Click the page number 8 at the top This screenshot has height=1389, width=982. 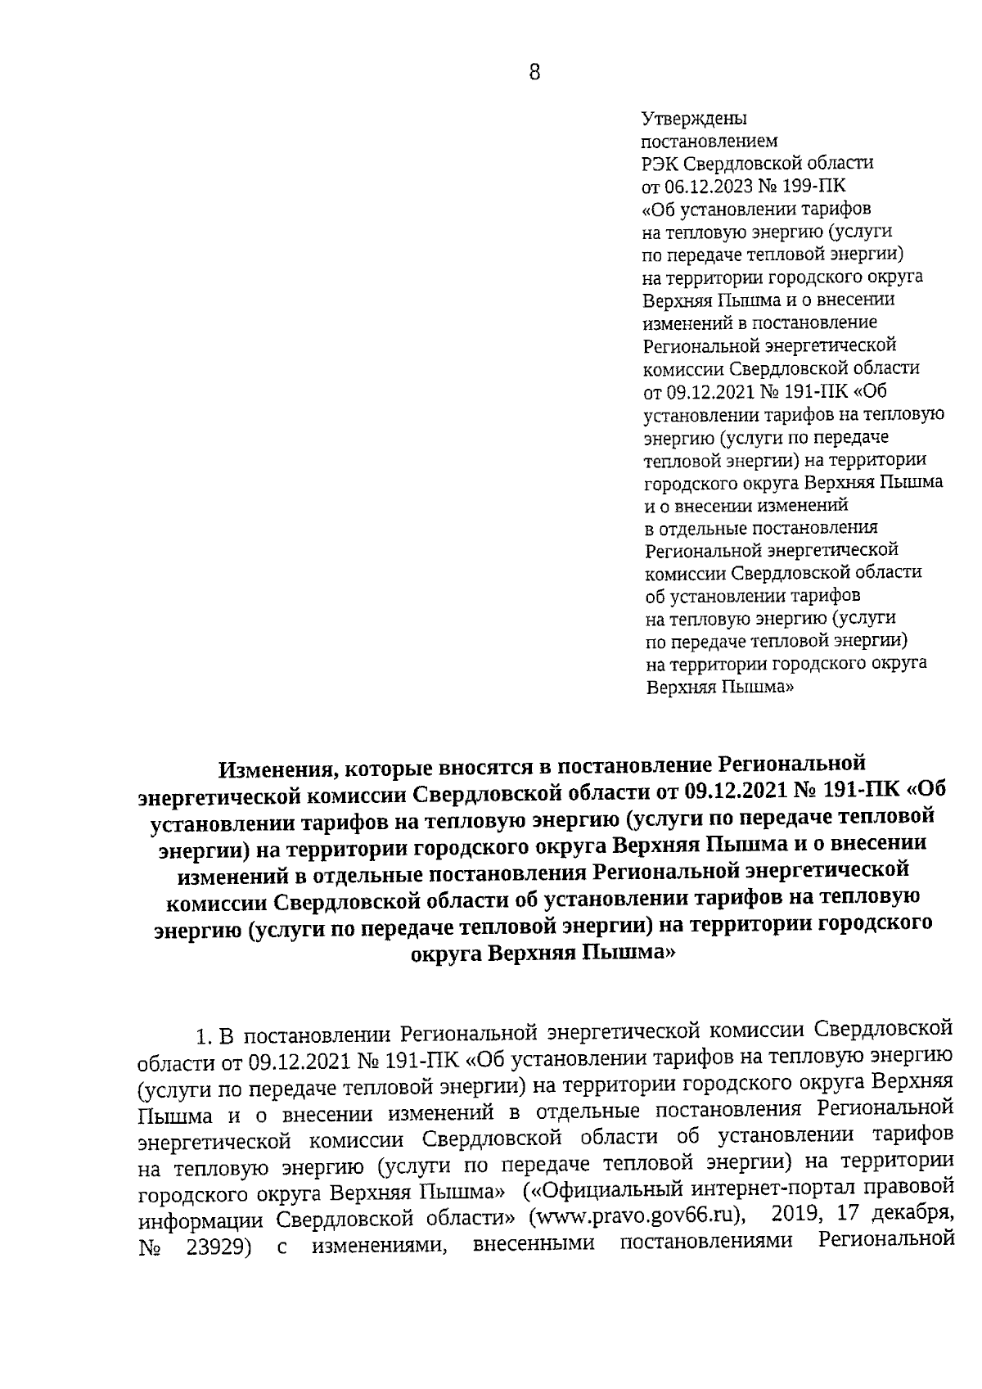click(x=534, y=73)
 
